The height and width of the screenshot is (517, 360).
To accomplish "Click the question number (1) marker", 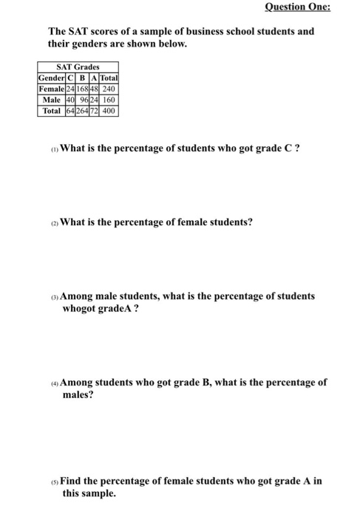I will [x=54, y=148].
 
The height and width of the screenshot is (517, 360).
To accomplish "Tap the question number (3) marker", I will [x=54, y=296].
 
